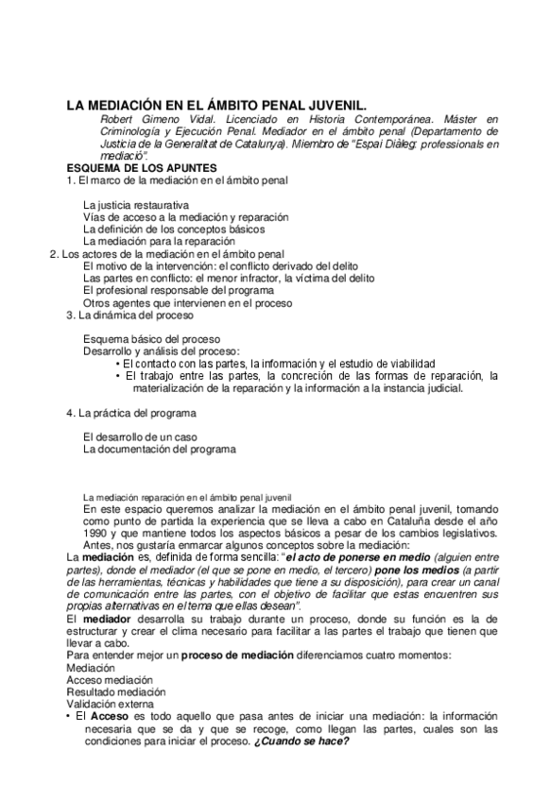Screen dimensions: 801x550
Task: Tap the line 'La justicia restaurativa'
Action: [x=136, y=204]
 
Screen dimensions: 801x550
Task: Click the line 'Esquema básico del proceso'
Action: [x=151, y=338]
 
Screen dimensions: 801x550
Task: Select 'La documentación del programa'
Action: [x=159, y=449]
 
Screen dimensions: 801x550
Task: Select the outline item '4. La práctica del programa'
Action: [x=130, y=413]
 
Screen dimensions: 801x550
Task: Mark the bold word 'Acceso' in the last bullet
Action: [x=111, y=716]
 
